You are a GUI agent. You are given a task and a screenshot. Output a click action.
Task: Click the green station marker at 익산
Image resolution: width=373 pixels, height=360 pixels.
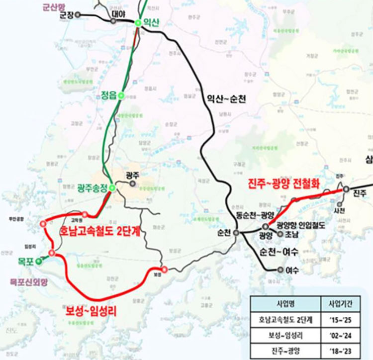pos(138,22)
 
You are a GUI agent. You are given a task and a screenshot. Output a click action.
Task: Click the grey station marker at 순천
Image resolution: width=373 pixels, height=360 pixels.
pos(237,232)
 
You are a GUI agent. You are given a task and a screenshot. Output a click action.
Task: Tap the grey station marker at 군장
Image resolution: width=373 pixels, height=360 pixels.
pos(84,15)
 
